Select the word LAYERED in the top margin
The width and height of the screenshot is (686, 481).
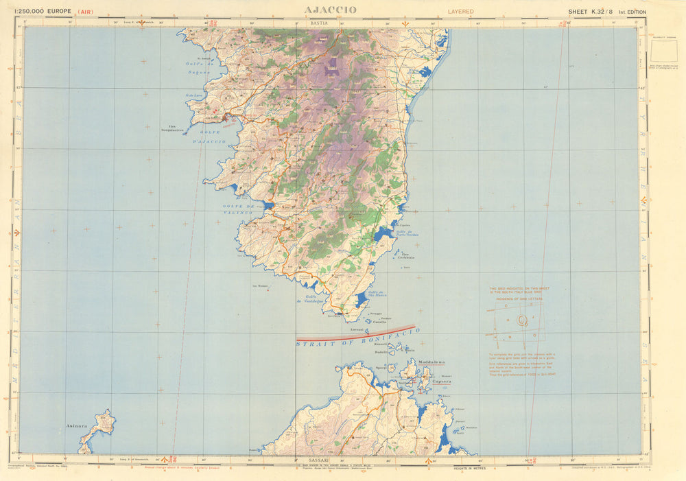tap(461, 12)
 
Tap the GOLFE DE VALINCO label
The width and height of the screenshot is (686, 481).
tap(238, 209)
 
